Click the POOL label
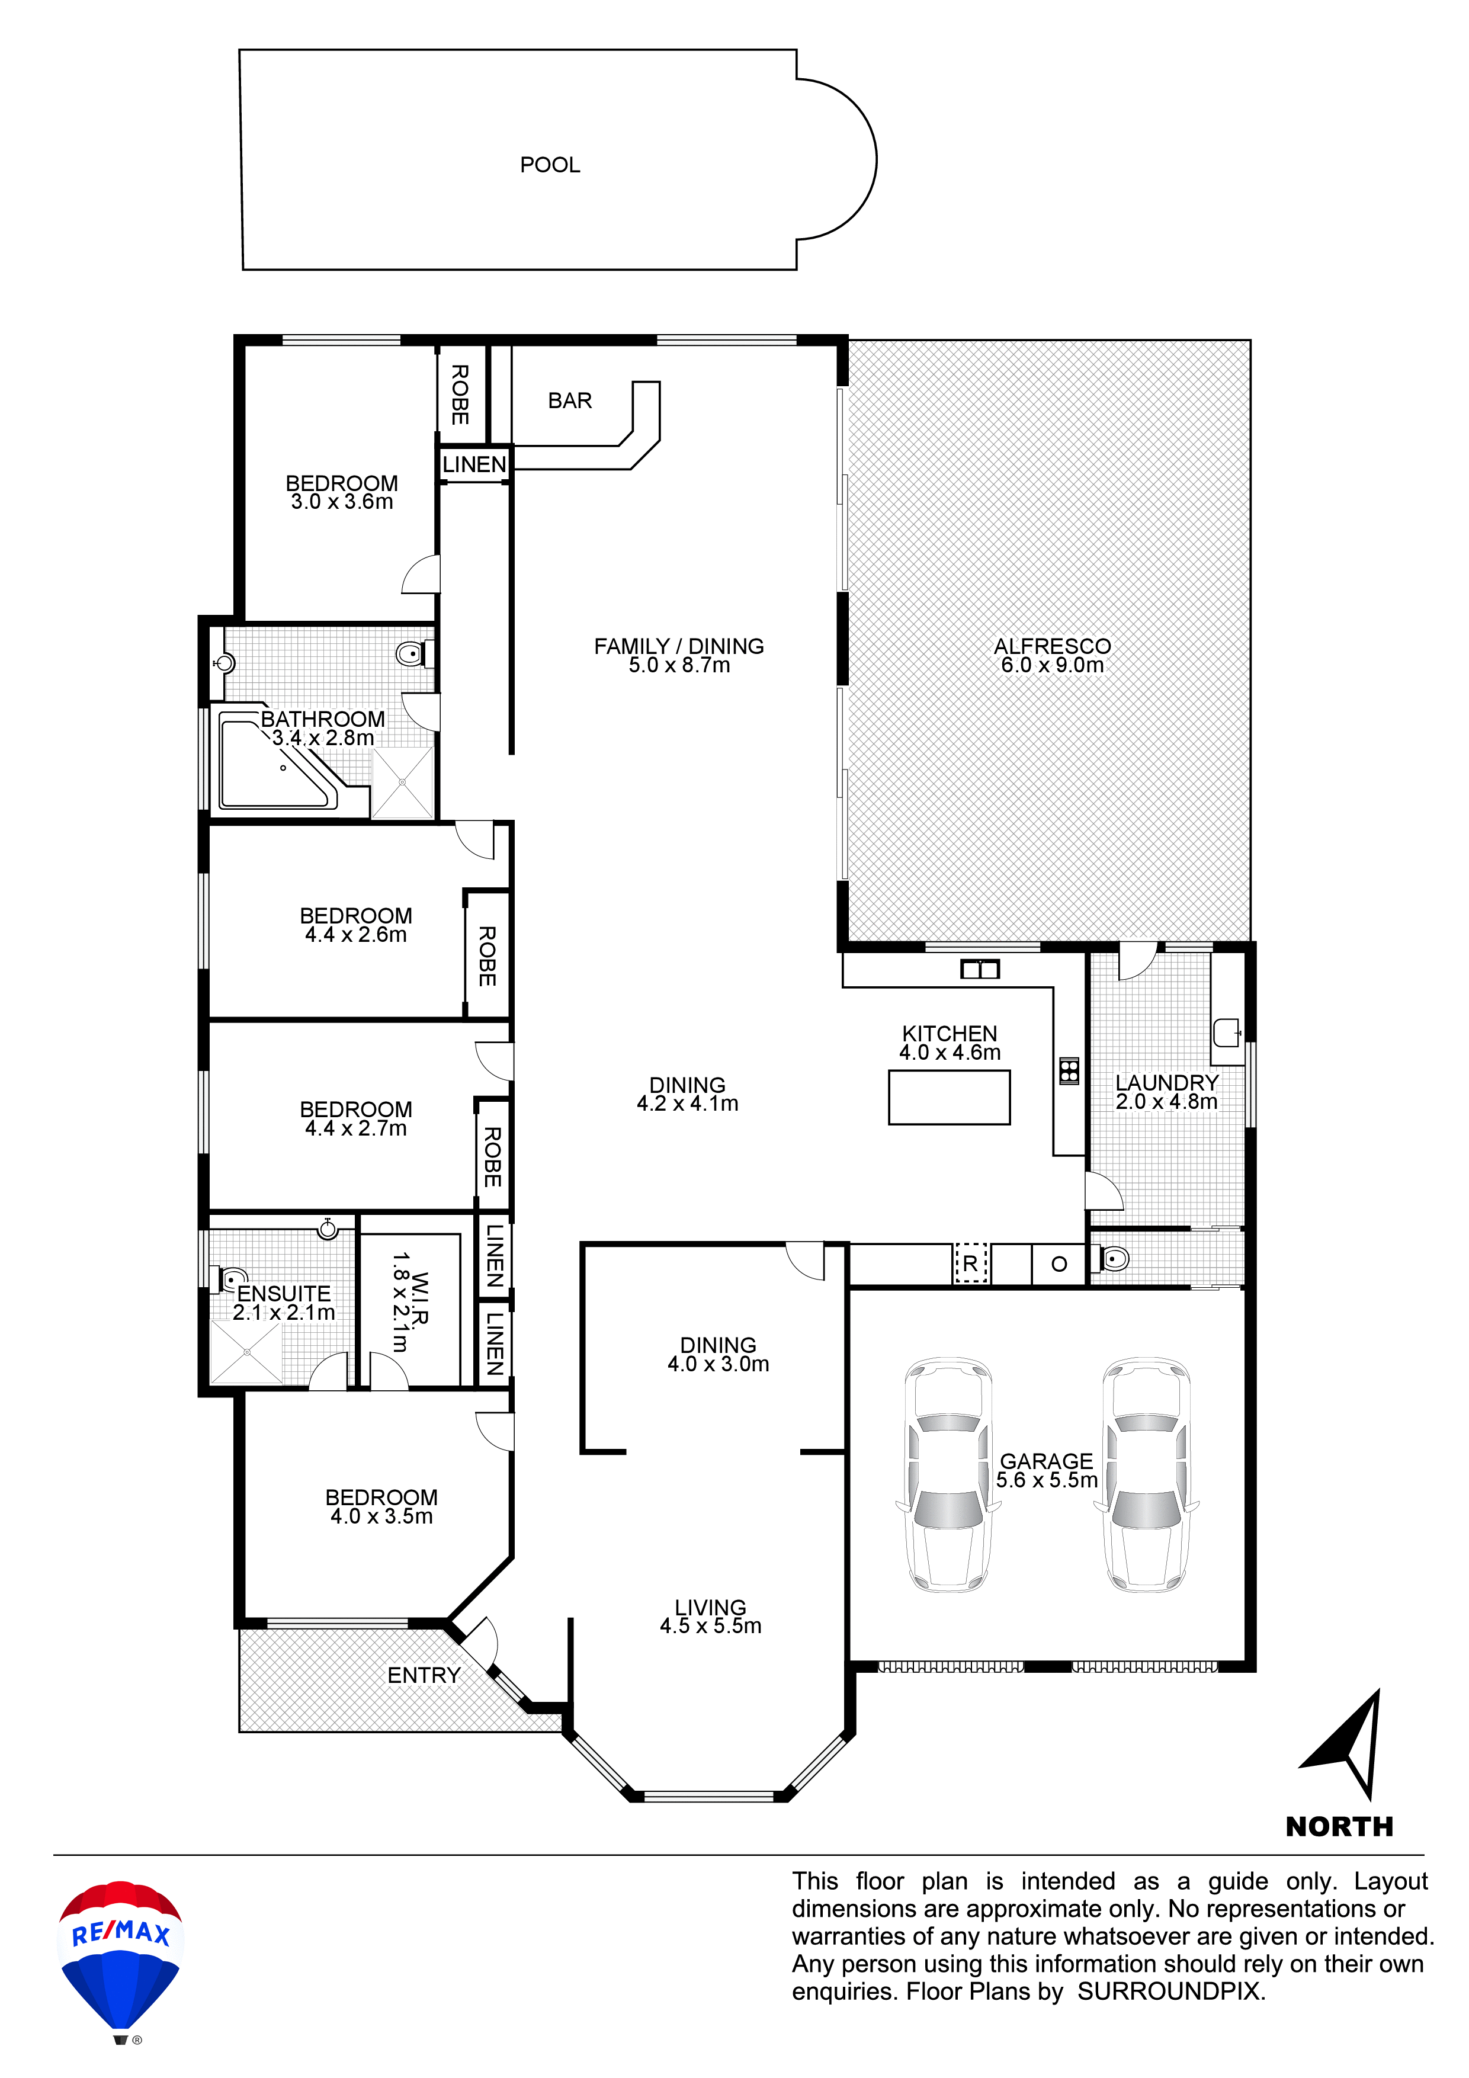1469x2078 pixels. [x=550, y=165]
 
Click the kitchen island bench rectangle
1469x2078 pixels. [x=948, y=1097]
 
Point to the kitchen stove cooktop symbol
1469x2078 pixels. [x=1069, y=1070]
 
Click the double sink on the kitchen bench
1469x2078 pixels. [x=979, y=969]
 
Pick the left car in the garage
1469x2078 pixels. [x=948, y=1474]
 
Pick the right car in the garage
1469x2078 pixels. [x=1146, y=1474]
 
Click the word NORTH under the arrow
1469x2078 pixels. [x=1339, y=1826]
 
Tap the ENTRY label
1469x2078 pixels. [x=424, y=1675]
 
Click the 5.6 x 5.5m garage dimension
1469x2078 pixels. [x=1046, y=1480]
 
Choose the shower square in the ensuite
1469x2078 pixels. [x=246, y=1352]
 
